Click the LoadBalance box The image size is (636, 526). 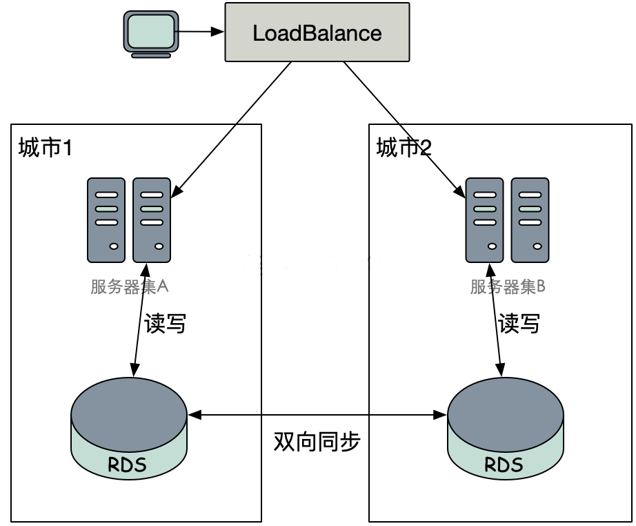pos(317,32)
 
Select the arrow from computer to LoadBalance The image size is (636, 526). pos(202,32)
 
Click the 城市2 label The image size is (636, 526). pos(404,148)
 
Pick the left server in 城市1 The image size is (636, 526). pos(106,220)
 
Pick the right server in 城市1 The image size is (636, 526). pos(152,220)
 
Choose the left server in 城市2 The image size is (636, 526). pos(484,220)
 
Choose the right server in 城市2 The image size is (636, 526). pos(530,220)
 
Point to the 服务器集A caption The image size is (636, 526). pos(130,286)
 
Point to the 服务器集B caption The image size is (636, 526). pos(508,286)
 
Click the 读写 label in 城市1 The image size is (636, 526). pos(166,323)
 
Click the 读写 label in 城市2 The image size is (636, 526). pos(519,323)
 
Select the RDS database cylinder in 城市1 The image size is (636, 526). pos(129,428)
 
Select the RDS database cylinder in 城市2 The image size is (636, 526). pos(506,428)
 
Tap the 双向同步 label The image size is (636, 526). pos(317,442)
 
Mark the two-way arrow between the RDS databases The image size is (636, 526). pos(317,415)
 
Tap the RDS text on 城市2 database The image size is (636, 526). pos(504,464)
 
